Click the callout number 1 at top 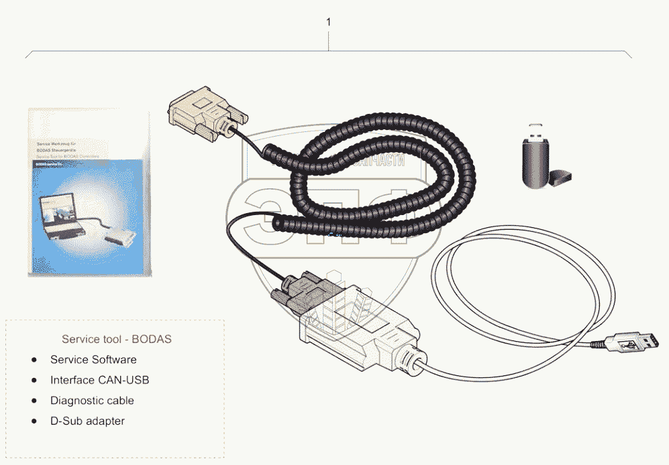(x=328, y=22)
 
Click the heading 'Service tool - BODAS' (x=117, y=339)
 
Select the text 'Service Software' (x=93, y=360)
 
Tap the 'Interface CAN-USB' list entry (x=99, y=380)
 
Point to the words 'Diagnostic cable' (x=92, y=401)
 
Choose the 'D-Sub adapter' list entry (x=87, y=421)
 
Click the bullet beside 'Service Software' (x=34, y=360)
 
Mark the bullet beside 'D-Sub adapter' (x=34, y=421)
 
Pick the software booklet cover (x=87, y=191)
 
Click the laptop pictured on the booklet (x=64, y=214)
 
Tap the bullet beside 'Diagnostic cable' (x=34, y=401)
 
